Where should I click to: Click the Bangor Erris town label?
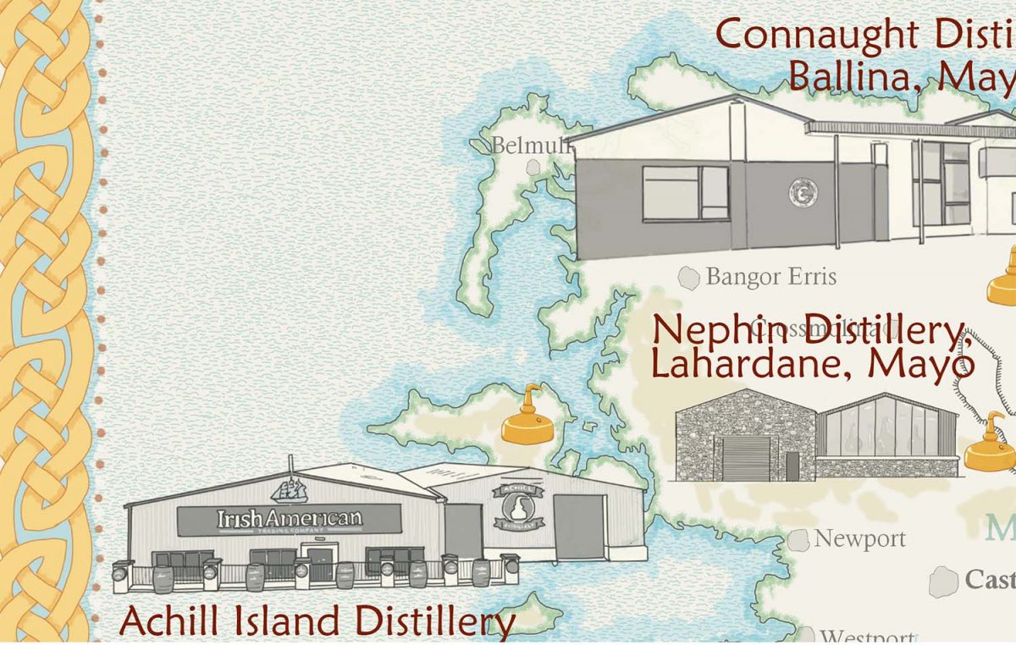(x=770, y=277)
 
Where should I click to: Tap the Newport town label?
(x=859, y=539)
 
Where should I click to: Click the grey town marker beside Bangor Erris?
(x=690, y=278)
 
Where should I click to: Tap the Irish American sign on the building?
(x=289, y=519)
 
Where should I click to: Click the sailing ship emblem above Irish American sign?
(x=289, y=488)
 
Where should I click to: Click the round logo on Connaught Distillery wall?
(x=802, y=192)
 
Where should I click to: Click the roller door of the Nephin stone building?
(x=745, y=458)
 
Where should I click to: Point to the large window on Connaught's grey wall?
(x=685, y=193)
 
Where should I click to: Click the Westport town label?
(x=866, y=637)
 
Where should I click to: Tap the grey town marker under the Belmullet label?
(x=534, y=168)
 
